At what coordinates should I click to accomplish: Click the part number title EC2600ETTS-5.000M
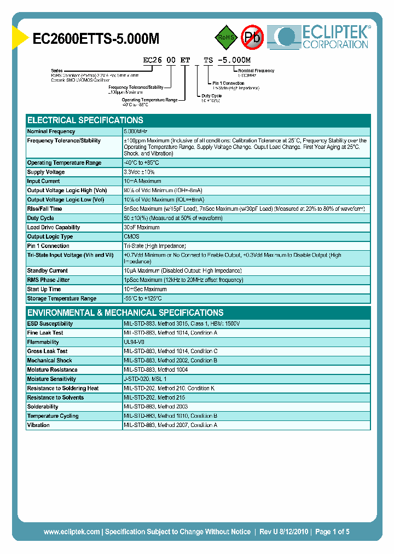coord(96,38)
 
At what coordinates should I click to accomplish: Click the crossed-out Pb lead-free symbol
coord(252,37)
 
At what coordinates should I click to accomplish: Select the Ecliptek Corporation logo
coord(323,37)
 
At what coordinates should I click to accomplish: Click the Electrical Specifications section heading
coord(85,120)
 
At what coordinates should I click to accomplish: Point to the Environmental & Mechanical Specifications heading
coord(125,313)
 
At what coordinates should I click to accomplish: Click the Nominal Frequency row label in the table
coord(51,131)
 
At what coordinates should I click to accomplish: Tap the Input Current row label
coord(44,181)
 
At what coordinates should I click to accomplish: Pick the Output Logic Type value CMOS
coord(131,236)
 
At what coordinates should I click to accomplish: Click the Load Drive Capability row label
coord(54,227)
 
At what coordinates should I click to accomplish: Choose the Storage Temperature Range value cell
coord(143,298)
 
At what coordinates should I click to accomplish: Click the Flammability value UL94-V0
coord(134,342)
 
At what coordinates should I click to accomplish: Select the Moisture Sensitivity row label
coord(51,379)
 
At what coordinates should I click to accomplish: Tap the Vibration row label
coord(38,425)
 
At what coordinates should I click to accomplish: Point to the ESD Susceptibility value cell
coord(182,324)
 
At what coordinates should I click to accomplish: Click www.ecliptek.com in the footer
coord(72,532)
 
